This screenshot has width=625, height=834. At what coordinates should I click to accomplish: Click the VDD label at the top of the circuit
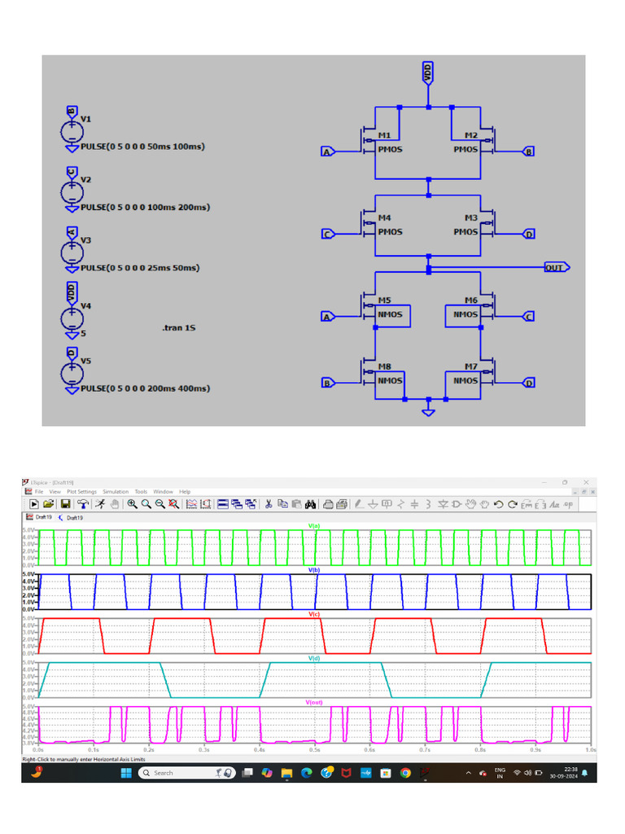(x=428, y=72)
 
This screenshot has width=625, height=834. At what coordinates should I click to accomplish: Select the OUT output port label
(x=556, y=267)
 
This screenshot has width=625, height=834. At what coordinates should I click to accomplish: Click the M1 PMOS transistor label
(x=384, y=135)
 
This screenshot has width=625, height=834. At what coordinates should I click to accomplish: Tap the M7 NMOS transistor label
(x=470, y=367)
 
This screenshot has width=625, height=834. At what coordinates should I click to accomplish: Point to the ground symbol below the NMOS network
(x=428, y=411)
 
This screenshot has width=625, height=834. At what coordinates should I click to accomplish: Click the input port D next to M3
(x=528, y=235)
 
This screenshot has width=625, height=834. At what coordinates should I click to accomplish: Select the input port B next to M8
(x=327, y=383)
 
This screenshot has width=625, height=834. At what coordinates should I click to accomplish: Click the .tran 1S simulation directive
(x=179, y=327)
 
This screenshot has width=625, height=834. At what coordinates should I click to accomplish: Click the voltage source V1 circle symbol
(x=72, y=131)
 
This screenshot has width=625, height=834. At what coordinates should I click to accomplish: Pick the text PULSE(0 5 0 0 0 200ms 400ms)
(x=145, y=388)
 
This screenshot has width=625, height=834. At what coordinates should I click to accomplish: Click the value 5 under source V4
(x=83, y=333)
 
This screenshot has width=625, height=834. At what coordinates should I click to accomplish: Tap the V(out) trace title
(x=313, y=702)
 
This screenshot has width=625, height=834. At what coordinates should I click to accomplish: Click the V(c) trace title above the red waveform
(x=313, y=614)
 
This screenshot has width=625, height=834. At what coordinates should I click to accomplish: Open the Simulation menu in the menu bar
(x=115, y=492)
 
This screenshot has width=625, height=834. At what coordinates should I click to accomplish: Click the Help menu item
(x=185, y=492)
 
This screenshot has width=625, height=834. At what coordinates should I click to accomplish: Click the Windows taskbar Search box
(x=175, y=772)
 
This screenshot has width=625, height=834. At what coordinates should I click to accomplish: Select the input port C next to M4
(x=327, y=235)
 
